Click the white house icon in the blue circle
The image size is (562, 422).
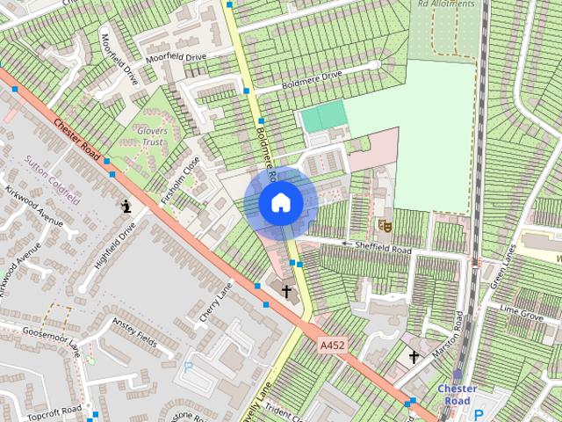pyautogui.click(x=281, y=203)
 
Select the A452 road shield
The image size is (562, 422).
pyautogui.click(x=332, y=346)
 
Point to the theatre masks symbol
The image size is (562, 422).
pyautogui.click(x=383, y=226)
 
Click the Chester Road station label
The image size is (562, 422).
pyautogui.click(x=458, y=395)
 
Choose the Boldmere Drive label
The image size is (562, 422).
pyautogui.click(x=310, y=80)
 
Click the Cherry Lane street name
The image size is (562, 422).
pyautogui.click(x=215, y=301)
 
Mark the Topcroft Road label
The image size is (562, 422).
pyautogui.click(x=54, y=412)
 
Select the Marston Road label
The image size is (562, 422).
pyautogui.click(x=445, y=338)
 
